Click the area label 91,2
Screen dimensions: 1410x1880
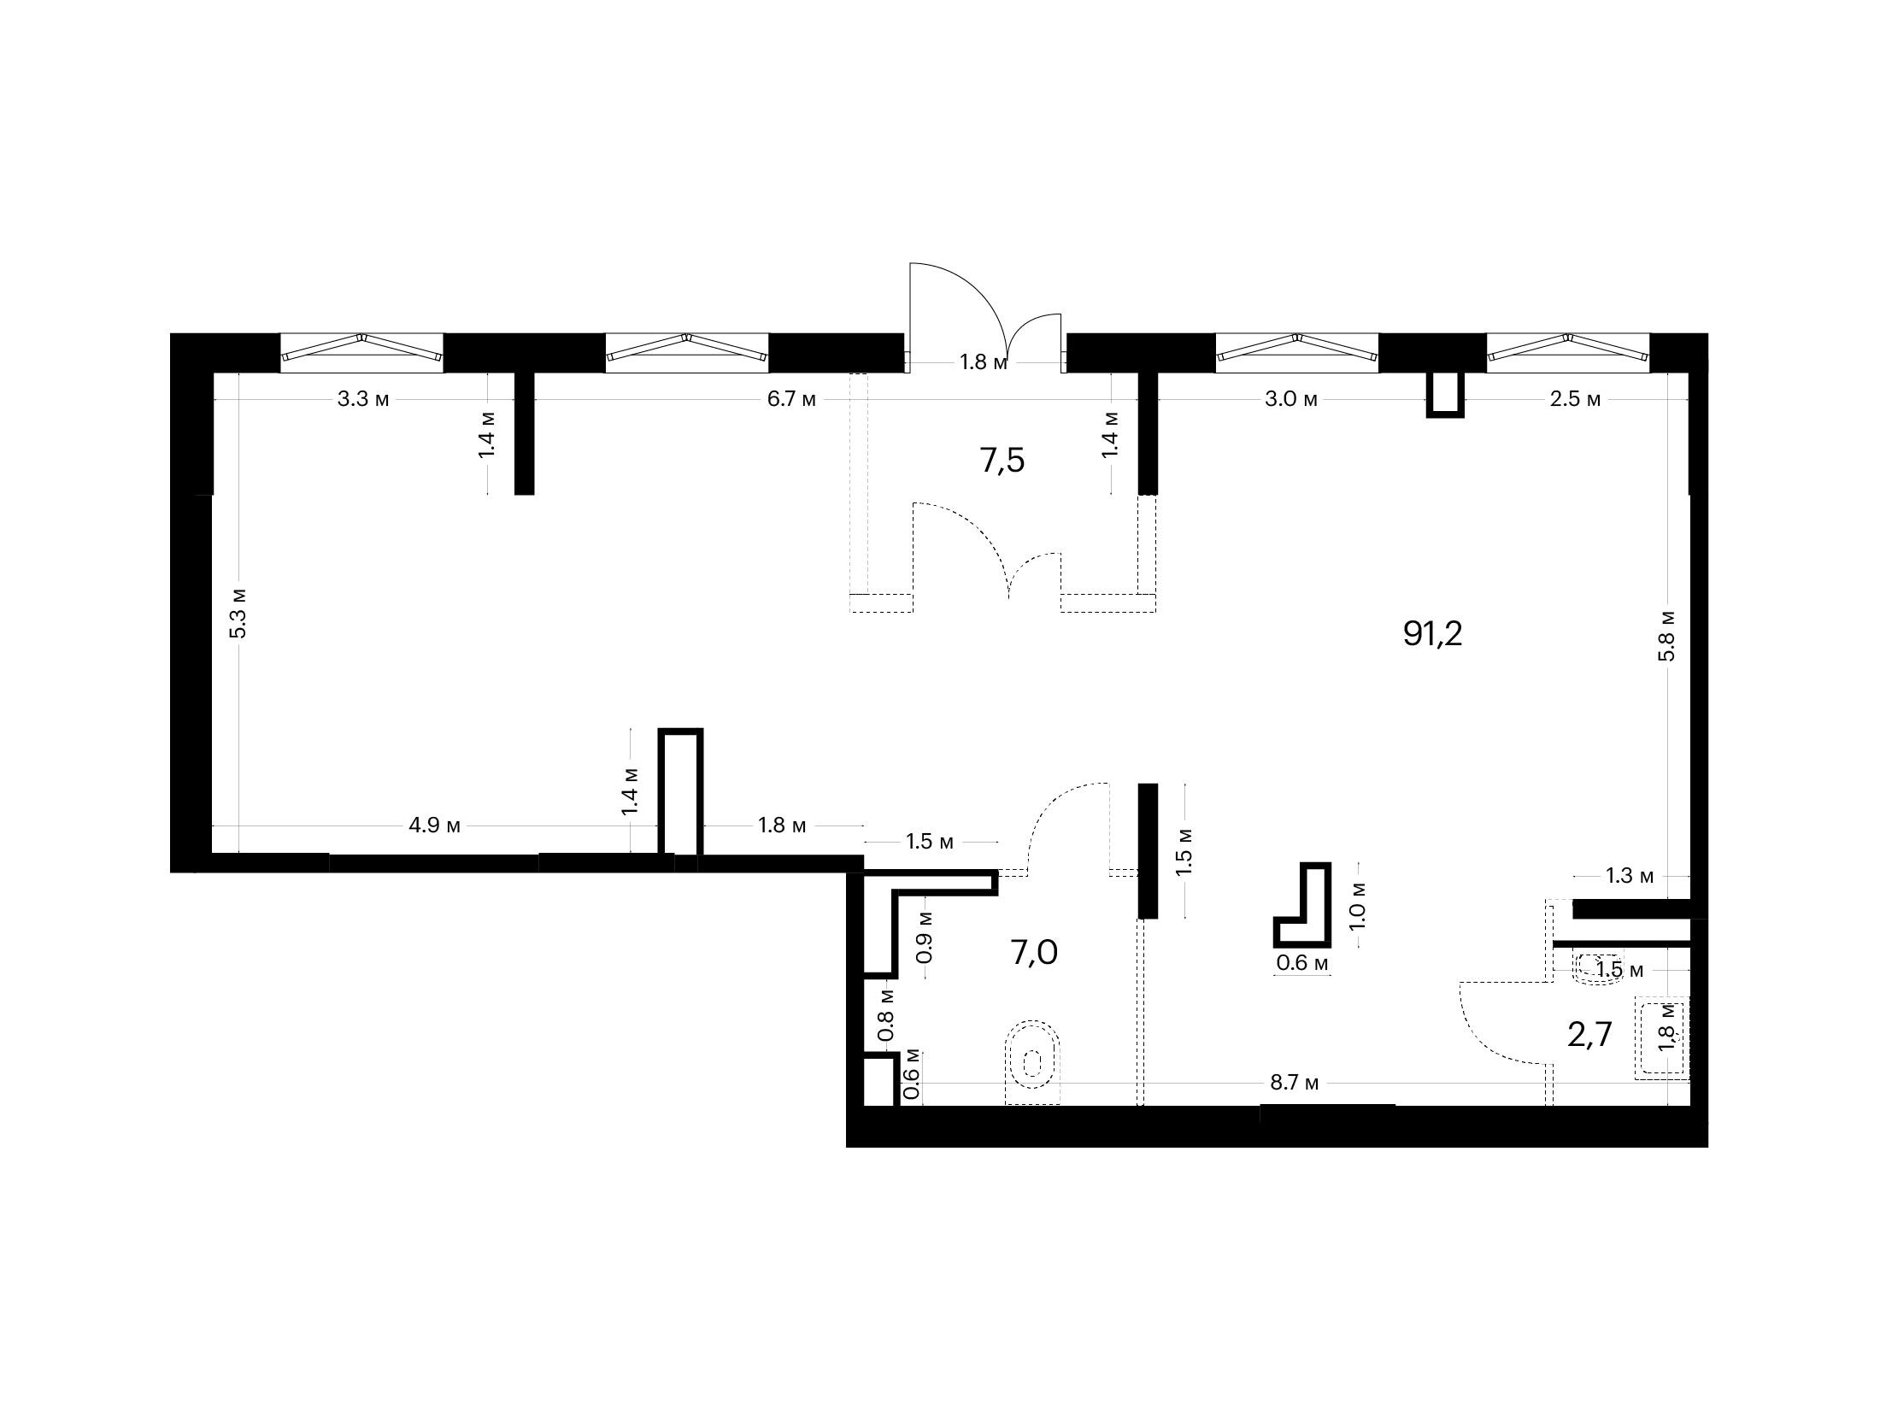[1433, 634]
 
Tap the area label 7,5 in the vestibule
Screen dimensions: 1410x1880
[1002, 461]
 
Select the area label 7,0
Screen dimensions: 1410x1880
[1034, 951]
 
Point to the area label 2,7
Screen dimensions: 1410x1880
[1589, 1035]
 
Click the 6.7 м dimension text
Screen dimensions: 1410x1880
[791, 399]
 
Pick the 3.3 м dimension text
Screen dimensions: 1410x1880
[363, 399]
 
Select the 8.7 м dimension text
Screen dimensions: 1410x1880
[1294, 1084]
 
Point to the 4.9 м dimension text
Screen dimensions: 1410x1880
[434, 825]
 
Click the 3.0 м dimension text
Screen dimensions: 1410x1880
[1290, 399]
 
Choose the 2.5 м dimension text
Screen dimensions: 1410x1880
[1575, 399]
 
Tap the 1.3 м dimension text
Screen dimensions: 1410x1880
[1630, 876]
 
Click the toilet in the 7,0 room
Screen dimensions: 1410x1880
[1033, 1062]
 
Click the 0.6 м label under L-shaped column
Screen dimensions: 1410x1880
[1302, 964]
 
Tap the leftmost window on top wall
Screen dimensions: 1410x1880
[361, 352]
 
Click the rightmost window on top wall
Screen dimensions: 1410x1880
[1567, 352]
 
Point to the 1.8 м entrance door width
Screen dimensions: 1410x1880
[984, 362]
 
